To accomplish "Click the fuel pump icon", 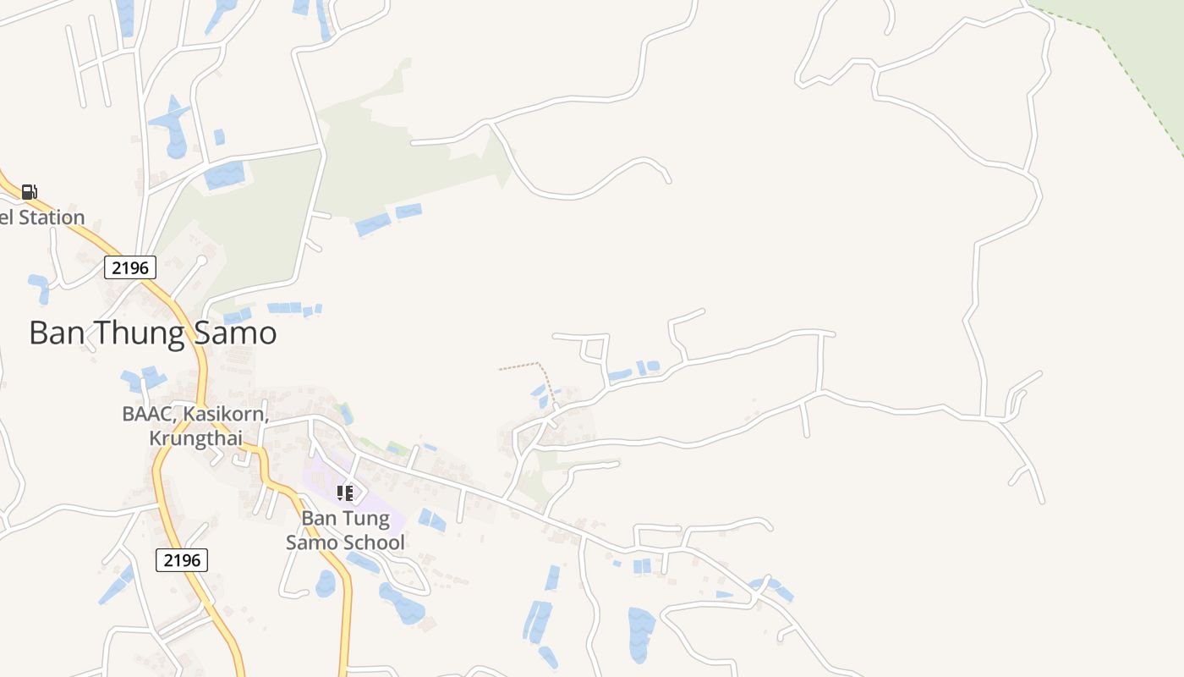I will (29, 192).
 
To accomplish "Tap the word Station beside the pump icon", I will (52, 217).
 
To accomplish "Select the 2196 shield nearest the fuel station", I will (130, 268).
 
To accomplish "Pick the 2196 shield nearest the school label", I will (182, 559).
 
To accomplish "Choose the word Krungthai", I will (195, 438).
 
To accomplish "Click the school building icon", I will (344, 493).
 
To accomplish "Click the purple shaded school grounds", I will (389, 508).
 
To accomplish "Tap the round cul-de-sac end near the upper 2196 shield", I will (202, 260).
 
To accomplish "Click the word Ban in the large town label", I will (53, 333).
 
